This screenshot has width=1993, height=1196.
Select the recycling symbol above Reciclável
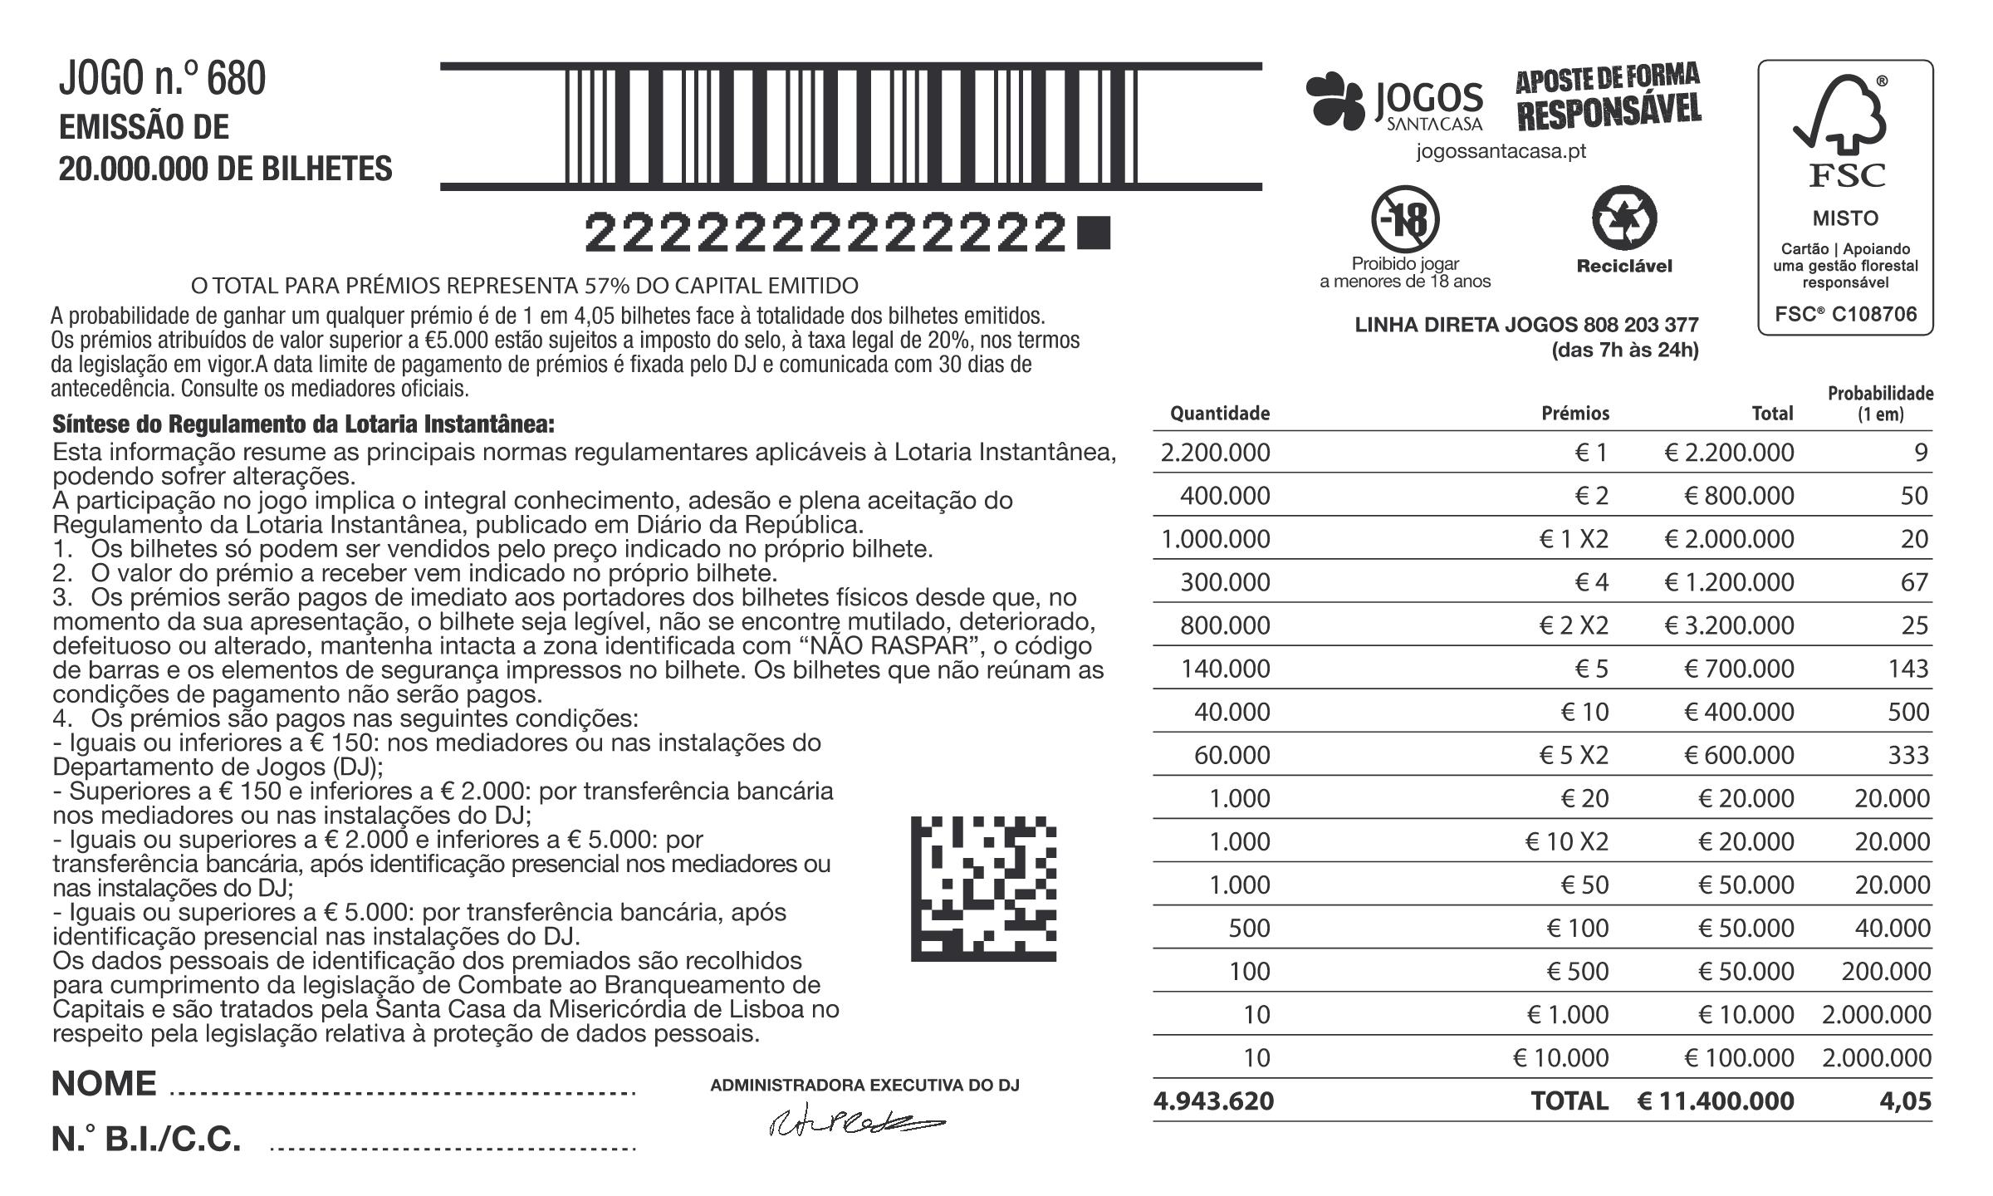[1623, 219]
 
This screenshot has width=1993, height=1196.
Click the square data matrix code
[983, 889]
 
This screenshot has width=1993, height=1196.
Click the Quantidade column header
[1219, 414]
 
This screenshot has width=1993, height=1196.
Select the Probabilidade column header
[1880, 404]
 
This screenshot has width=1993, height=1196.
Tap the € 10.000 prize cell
[1560, 1058]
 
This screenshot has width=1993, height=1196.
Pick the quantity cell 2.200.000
[1215, 453]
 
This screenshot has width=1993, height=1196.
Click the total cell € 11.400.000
[1715, 1101]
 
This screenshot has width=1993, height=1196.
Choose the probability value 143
[1907, 669]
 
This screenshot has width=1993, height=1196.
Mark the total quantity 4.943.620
[1213, 1101]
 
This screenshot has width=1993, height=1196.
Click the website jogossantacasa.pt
[1501, 152]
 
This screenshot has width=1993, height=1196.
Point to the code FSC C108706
[1845, 315]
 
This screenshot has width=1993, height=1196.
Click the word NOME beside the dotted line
[104, 1084]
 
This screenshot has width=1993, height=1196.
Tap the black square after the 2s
[1092, 233]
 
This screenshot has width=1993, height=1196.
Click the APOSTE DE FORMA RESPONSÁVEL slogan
[1608, 97]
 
